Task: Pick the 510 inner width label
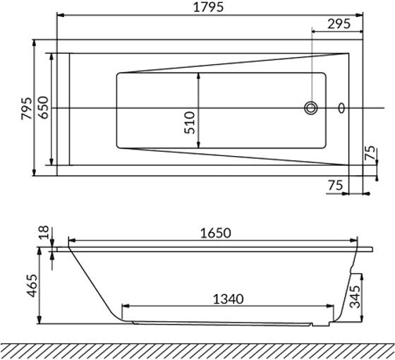(x=189, y=121)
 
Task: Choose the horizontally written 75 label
(x=336, y=184)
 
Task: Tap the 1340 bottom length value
(x=228, y=299)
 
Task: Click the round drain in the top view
(x=312, y=108)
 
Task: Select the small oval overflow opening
(x=343, y=108)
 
